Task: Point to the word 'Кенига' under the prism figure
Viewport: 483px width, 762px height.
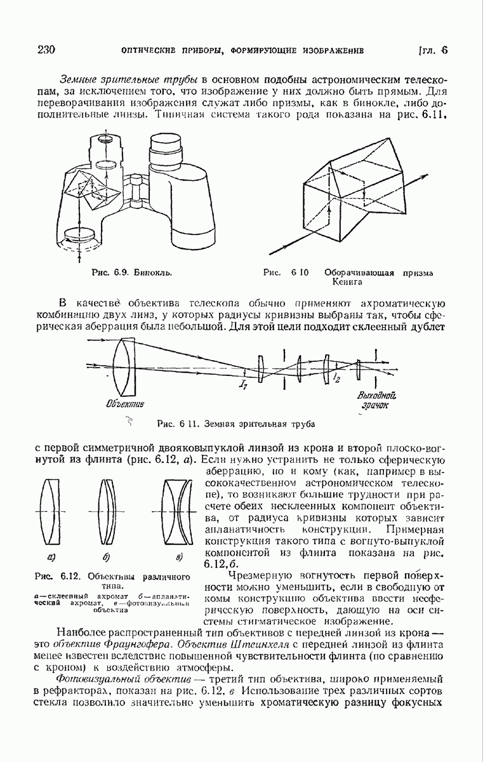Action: click(345, 283)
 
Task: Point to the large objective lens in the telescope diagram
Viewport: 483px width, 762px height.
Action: click(125, 367)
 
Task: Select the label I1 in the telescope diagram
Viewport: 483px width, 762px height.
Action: click(243, 383)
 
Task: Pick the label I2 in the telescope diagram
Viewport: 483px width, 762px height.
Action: click(335, 379)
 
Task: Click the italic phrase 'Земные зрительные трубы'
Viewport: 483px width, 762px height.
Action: click(129, 79)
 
